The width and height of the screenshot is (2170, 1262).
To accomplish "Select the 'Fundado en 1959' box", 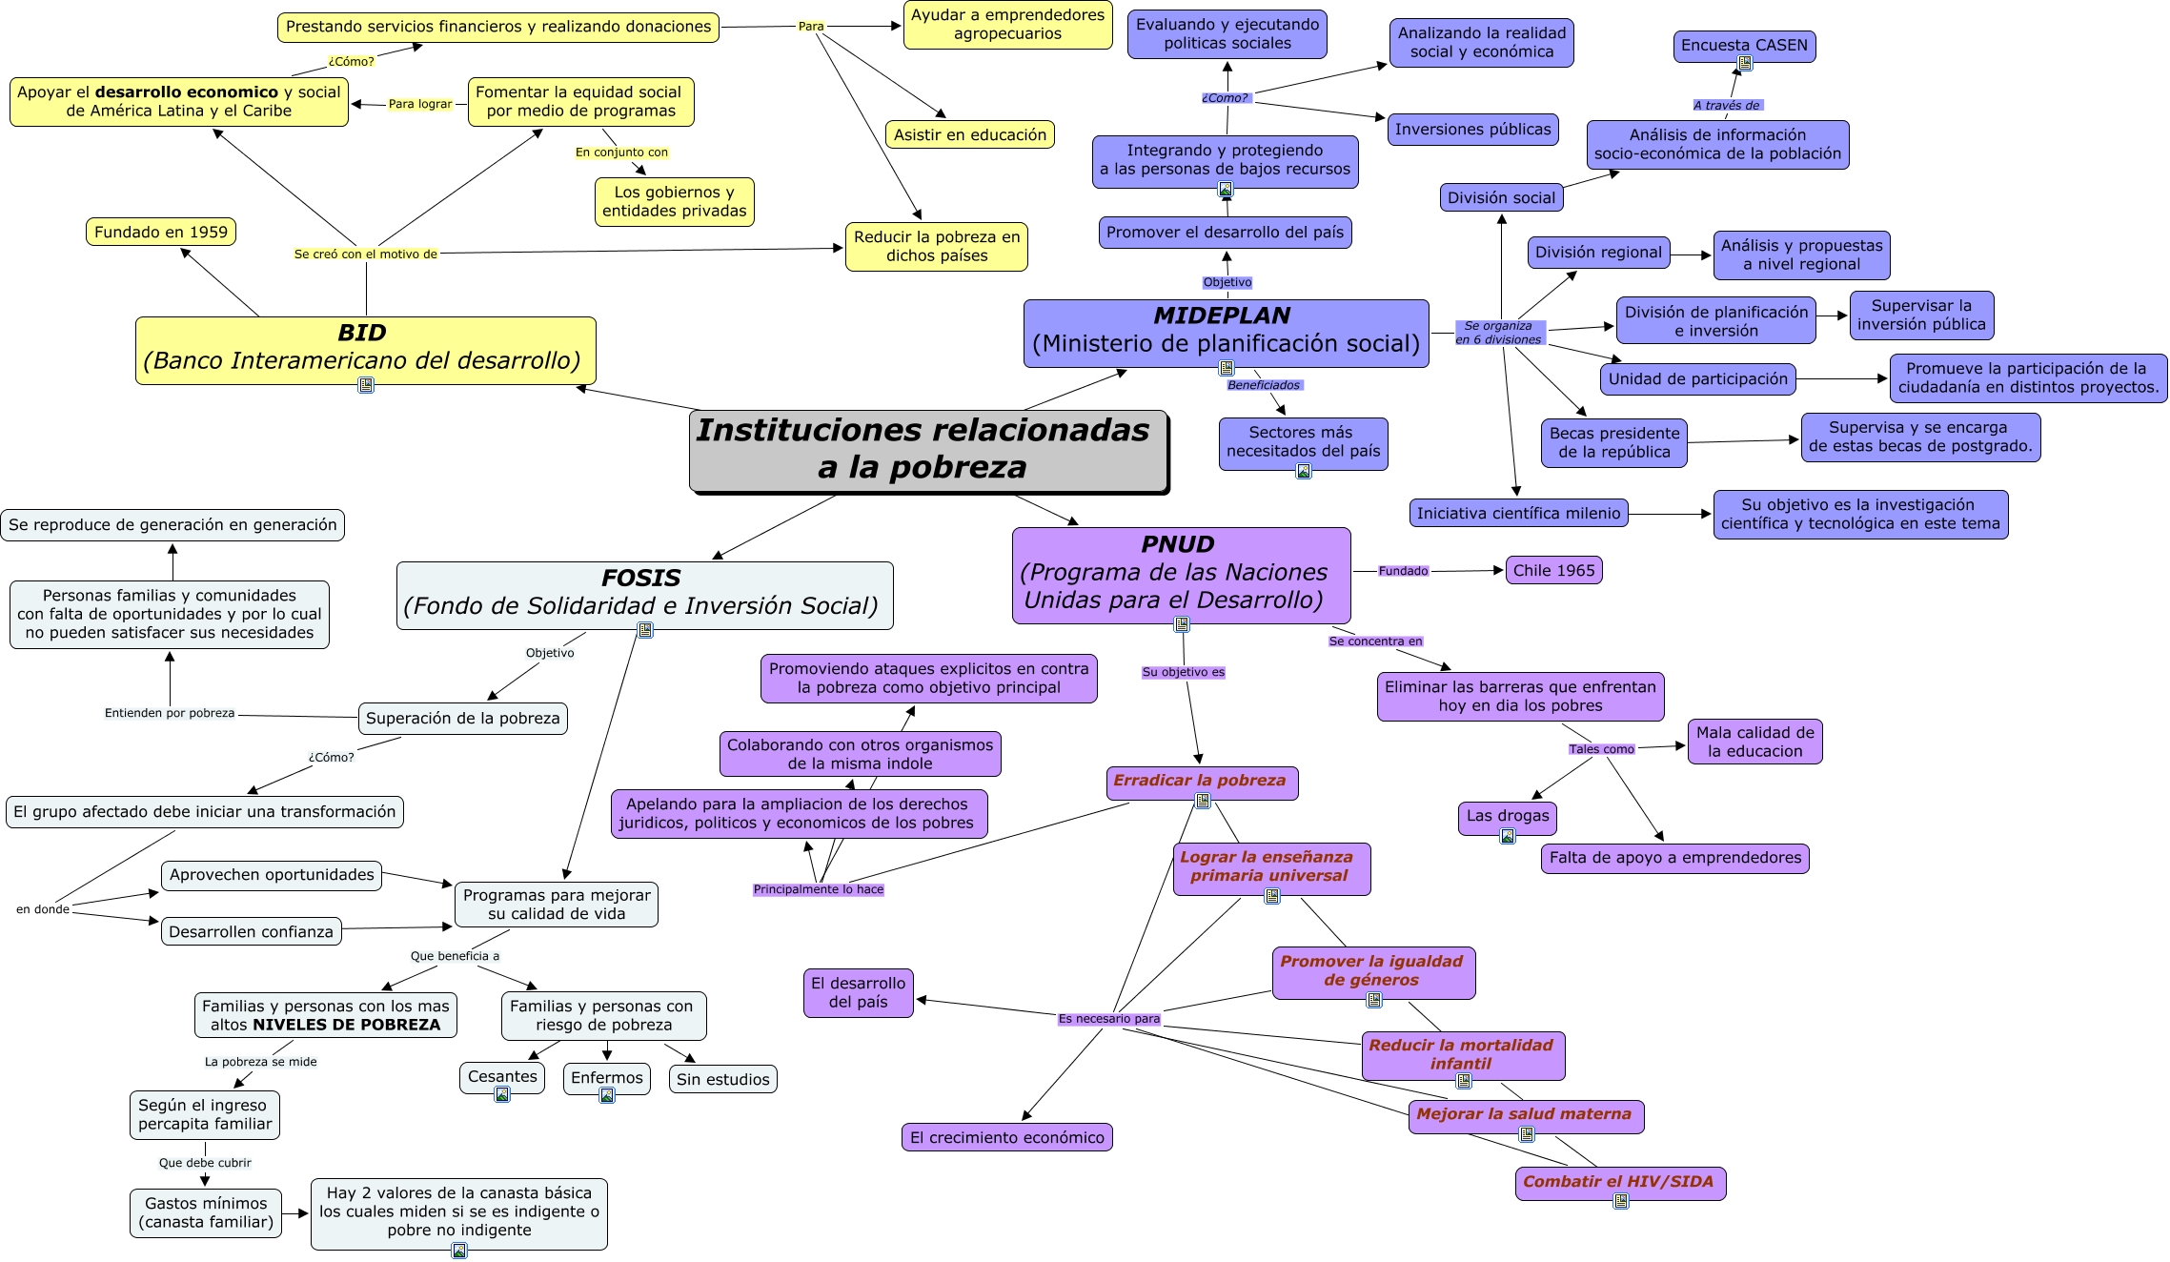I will pos(161,232).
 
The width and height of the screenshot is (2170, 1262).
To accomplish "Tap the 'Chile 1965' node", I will pos(1553,570).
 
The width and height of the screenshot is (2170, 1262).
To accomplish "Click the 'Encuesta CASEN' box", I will pos(1743,45).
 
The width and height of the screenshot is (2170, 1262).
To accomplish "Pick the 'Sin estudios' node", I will pos(722,1079).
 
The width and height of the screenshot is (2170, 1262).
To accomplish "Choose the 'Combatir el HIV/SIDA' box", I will pos(1619,1182).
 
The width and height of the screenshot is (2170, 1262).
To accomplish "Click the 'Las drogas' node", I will pos(1507,816).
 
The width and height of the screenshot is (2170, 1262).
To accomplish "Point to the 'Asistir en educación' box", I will pos(969,134).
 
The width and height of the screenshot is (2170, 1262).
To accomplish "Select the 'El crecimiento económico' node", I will pos(1006,1137).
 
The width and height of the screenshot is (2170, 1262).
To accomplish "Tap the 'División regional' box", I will pos(1597,253).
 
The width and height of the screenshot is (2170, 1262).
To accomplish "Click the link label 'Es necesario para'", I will pos(1108,1019).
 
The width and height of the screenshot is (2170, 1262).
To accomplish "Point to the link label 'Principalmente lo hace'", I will pos(818,889).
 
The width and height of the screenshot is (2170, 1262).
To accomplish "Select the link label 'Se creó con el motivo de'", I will pos(365,254).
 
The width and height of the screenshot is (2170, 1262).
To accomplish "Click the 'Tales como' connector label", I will pos(1601,749).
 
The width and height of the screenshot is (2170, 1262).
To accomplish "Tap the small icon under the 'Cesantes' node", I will pos(502,1094).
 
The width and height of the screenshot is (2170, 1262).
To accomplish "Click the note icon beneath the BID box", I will pos(366,385).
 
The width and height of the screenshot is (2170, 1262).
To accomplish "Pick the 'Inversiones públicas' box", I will pos(1472,130).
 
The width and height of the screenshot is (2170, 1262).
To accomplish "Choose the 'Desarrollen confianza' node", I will pos(251,931).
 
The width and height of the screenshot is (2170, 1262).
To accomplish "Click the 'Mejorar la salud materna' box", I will pos(1525,1114).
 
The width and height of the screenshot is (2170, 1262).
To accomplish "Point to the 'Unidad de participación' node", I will pos(1697,378).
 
